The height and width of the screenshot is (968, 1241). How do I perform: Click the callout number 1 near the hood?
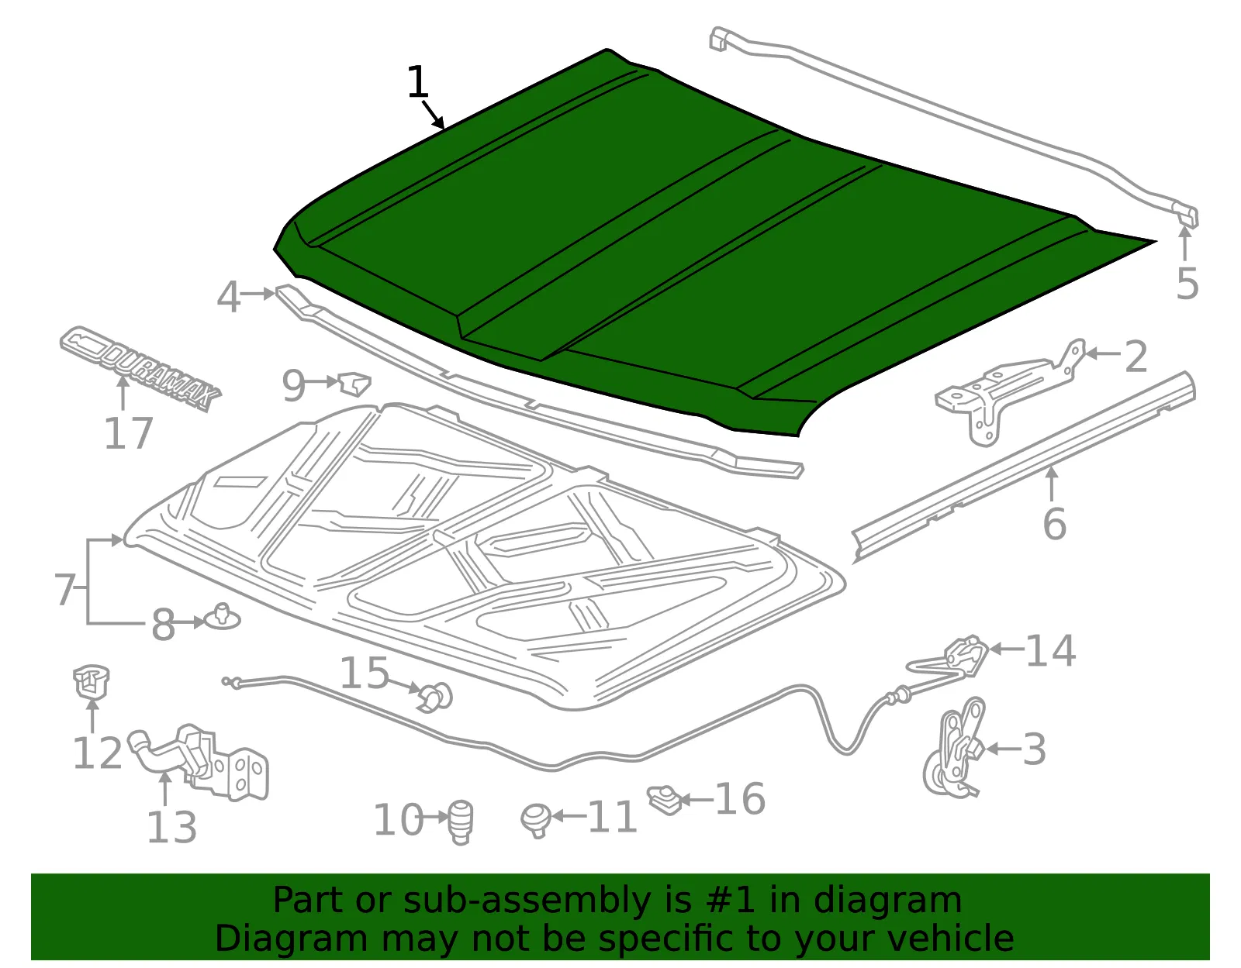click(417, 82)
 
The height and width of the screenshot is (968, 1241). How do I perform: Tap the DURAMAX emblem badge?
click(140, 368)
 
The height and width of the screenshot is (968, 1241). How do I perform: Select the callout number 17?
click(129, 434)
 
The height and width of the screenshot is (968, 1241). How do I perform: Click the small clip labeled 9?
click(354, 384)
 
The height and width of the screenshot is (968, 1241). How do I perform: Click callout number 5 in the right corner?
click(1187, 284)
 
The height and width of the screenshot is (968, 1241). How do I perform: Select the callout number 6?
click(1054, 523)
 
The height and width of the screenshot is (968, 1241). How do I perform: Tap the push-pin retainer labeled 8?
click(222, 617)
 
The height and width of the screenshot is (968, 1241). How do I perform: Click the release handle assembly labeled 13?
click(198, 762)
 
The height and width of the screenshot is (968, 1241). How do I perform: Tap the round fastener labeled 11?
click(536, 821)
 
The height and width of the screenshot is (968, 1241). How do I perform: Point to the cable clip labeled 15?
click(437, 698)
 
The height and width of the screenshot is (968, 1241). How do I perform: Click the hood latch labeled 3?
click(955, 746)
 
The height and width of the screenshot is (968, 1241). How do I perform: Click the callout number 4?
click(229, 297)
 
